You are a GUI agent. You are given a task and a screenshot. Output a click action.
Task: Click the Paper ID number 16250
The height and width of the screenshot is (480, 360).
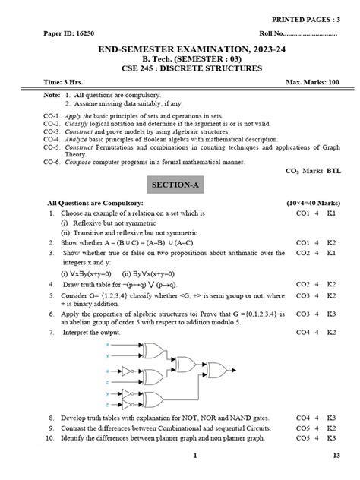[80, 34]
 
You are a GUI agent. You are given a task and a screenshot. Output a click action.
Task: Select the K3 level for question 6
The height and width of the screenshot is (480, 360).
[331, 312]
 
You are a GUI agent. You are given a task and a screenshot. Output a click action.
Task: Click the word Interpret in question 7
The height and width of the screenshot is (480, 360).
[77, 332]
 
